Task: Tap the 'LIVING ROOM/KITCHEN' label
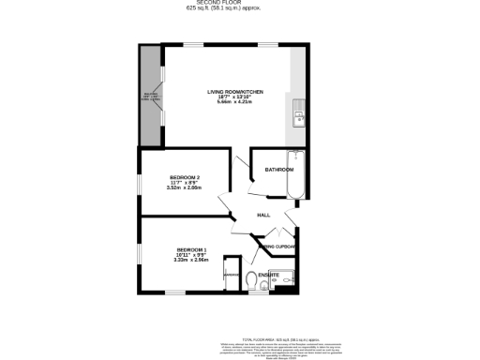point(235,92)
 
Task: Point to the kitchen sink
point(297,117)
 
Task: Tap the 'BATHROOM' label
point(278,170)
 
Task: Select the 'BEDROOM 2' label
point(185,177)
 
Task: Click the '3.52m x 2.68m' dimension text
point(185,188)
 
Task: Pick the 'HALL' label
point(263,216)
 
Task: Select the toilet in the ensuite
point(251,279)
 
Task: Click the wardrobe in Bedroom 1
point(231,277)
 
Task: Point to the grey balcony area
point(150,96)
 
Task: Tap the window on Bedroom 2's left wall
point(141,187)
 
